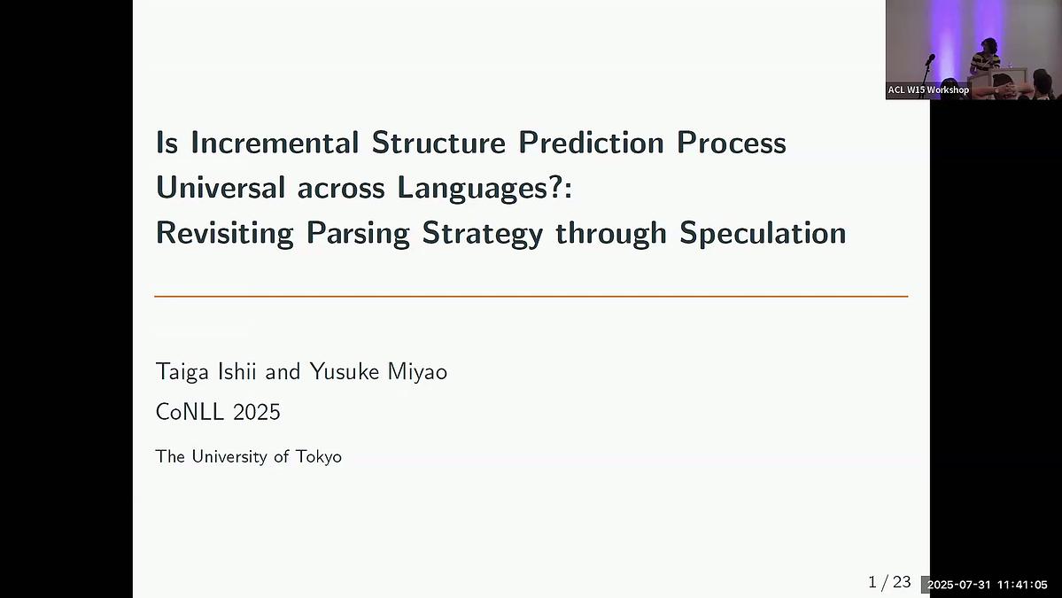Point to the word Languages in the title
[474, 188]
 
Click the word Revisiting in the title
[224, 233]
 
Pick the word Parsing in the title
[358, 233]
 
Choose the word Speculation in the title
[763, 233]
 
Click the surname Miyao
[417, 372]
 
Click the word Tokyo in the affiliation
[318, 457]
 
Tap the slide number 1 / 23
[889, 582]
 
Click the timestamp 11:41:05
[1021, 585]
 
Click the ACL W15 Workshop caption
[927, 89]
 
